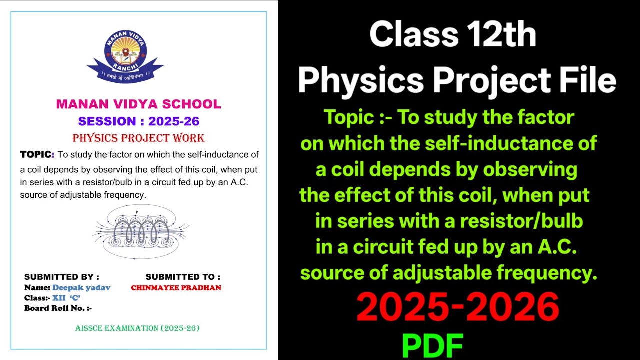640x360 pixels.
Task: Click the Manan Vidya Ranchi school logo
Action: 125,56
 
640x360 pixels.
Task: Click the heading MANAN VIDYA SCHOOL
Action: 138,104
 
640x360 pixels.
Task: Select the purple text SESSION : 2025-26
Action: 138,121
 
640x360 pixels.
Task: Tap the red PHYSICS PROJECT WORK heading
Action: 138,138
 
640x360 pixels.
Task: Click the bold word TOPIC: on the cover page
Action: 37,154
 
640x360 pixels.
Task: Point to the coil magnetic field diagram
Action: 140,231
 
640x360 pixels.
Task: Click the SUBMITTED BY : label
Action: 62,277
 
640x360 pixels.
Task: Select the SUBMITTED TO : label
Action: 183,277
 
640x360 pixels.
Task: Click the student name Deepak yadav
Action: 81,288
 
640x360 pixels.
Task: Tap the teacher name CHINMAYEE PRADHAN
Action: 176,288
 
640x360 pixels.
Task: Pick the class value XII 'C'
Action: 66,298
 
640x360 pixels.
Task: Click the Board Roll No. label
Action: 58,308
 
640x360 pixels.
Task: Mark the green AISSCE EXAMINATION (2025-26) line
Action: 137,328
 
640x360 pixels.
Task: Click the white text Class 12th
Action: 452,35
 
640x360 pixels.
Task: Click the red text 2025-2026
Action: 457,306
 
